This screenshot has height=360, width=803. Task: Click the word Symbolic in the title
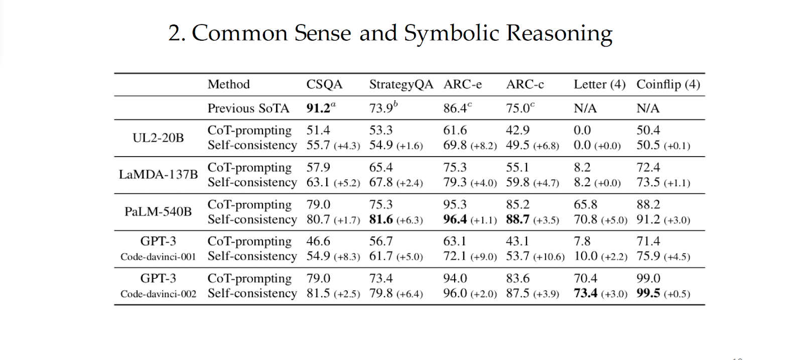coord(451,34)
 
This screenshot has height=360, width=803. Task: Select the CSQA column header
coord(324,84)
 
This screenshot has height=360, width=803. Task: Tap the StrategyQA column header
coord(401,84)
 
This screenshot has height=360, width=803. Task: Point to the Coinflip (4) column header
coord(668,84)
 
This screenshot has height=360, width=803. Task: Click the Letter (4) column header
coord(599,84)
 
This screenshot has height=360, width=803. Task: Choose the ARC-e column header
coord(462,84)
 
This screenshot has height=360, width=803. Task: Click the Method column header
coord(228,84)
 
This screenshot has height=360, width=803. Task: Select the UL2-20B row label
coord(158,138)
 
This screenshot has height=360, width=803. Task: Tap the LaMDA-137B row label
coord(158,175)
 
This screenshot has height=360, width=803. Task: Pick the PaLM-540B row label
coord(158,212)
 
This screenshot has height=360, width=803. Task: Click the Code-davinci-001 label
coord(158,257)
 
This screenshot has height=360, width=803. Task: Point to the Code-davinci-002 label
coord(158,294)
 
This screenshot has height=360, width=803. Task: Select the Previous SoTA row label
coord(248,108)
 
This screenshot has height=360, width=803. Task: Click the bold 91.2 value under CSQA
coord(319,108)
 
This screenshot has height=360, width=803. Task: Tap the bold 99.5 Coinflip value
coord(648,293)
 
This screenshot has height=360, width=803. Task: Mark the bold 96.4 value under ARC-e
coord(455,219)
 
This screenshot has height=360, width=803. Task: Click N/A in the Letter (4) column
coord(585,108)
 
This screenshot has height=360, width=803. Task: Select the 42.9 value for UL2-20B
coord(517,131)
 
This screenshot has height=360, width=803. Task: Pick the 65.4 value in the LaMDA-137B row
coord(381,168)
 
